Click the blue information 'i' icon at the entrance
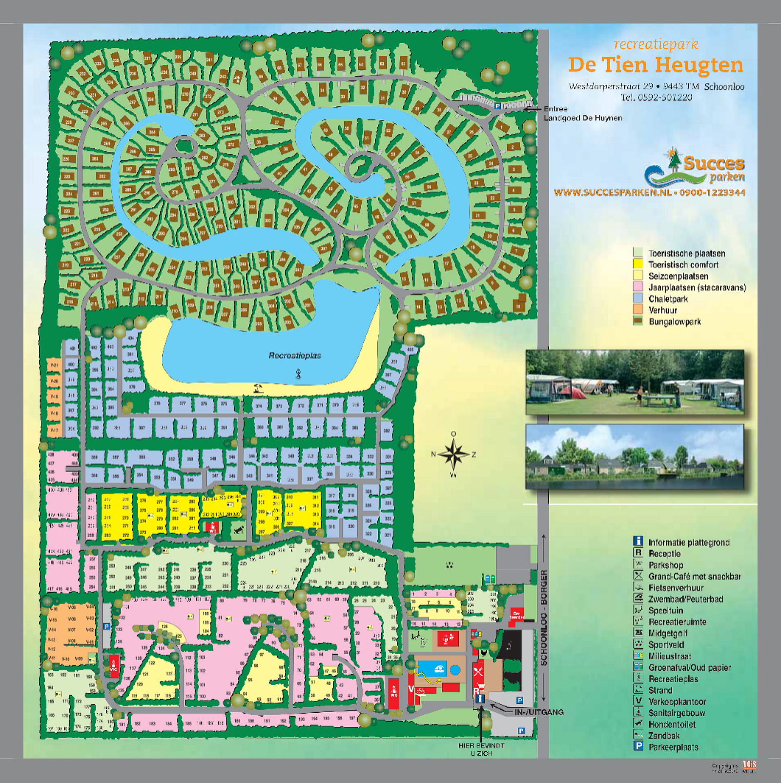coord(480,699)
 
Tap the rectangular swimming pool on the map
coord(432,668)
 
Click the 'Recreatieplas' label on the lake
coord(295,356)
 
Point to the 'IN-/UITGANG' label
coord(539,712)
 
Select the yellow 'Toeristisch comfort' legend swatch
coord(637,264)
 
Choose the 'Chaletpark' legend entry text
coord(668,299)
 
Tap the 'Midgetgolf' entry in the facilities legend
coord(668,633)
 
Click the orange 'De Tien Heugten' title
coord(656,65)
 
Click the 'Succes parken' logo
coord(695,168)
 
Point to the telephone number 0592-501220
coord(656,97)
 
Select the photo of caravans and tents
coord(635,382)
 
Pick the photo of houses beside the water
coord(635,457)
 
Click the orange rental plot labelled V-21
coord(54,365)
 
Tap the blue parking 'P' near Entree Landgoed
coord(497,106)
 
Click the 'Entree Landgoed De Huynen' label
coord(582,113)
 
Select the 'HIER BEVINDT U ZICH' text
coord(481,749)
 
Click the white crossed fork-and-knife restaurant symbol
coord(478,672)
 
